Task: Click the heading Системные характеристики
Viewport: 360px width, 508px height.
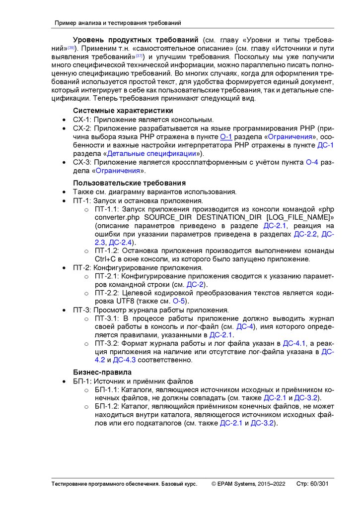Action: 123,110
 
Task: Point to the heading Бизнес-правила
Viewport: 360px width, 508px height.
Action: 102,372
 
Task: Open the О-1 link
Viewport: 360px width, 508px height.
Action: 226,137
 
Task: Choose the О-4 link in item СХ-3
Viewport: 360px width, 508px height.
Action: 312,162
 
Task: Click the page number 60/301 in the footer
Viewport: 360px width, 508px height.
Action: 319,484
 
